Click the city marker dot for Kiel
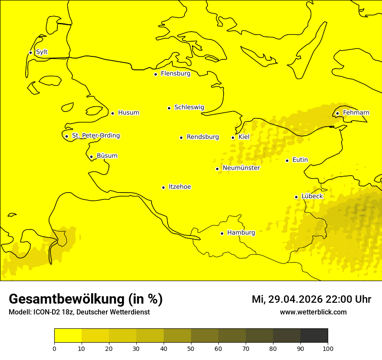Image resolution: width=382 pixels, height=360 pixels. [x=233, y=137]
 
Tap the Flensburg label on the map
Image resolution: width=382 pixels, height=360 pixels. [x=175, y=74]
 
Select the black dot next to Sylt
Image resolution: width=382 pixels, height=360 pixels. [x=30, y=52]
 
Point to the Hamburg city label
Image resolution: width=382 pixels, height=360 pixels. [x=241, y=233]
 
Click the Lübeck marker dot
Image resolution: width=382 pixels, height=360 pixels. [x=296, y=197]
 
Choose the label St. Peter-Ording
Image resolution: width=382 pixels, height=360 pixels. [x=95, y=136]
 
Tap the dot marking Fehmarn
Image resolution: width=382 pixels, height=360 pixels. [x=337, y=113]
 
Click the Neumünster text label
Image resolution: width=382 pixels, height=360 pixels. [x=241, y=168]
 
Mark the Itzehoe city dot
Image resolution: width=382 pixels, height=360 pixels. [x=163, y=187]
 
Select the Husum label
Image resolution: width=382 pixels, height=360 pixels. [x=128, y=113]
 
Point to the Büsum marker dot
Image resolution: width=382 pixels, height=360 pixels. [x=91, y=157]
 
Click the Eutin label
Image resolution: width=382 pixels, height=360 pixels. [x=300, y=160]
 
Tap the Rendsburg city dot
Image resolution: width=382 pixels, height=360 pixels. [x=181, y=137]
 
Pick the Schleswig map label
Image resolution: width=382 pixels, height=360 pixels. [x=189, y=108]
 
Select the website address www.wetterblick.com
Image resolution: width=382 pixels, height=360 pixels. [x=313, y=312]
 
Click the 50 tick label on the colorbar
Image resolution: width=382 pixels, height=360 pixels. [x=191, y=348]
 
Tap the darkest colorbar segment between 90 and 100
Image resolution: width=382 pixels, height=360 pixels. [x=314, y=335]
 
